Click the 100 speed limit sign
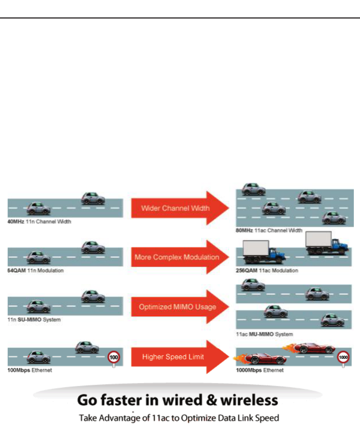point(114,358)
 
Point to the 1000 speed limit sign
point(343,357)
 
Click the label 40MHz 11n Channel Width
point(39,221)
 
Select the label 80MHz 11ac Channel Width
point(269,230)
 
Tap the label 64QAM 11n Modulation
point(36,271)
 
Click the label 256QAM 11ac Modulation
point(267,270)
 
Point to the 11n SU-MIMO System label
point(34,320)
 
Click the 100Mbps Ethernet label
point(30,370)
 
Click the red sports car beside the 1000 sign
point(314,348)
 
